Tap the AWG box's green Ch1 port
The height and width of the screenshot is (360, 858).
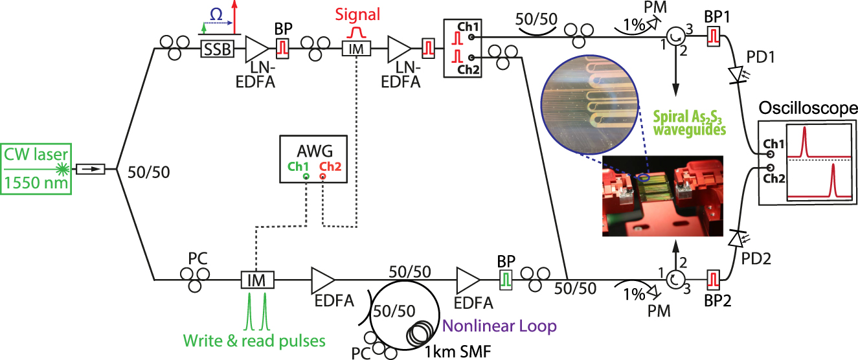coord(305,176)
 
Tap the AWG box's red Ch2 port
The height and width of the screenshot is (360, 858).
coord(322,176)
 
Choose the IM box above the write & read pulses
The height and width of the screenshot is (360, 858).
coord(257,280)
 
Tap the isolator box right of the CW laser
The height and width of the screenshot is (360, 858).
coord(90,170)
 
